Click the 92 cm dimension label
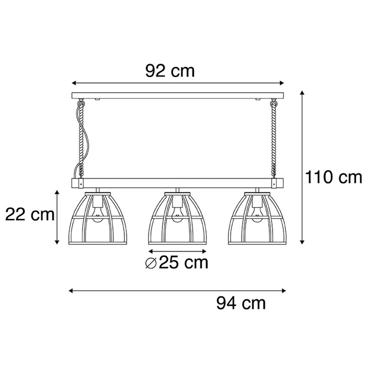pyautogui.click(x=170, y=70)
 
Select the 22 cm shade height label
pyautogui.click(x=29, y=214)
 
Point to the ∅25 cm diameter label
pyautogui.click(x=176, y=262)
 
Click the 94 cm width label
pyautogui.click(x=241, y=302)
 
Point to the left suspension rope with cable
pyautogui.click(x=81, y=139)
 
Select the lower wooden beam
pyautogui.click(x=177, y=183)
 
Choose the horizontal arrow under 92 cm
pyautogui.click(x=177, y=83)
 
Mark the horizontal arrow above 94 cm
pyautogui.click(x=177, y=289)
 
